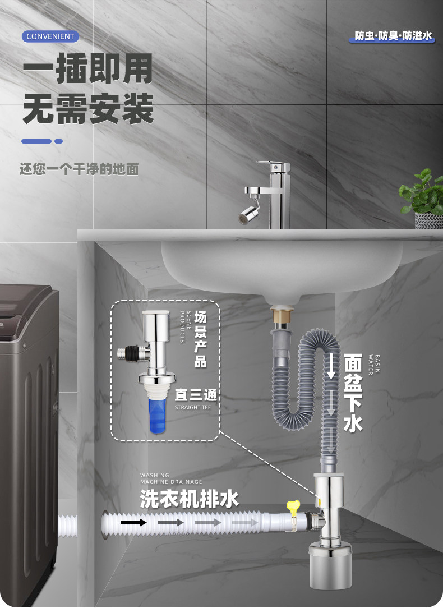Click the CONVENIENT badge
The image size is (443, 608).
(x=50, y=36)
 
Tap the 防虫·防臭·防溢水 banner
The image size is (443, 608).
(x=394, y=36)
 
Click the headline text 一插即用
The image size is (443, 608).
(x=87, y=70)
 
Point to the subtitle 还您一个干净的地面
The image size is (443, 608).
(x=79, y=169)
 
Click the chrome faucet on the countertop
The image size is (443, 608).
(x=275, y=194)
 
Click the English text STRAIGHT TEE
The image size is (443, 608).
(x=193, y=408)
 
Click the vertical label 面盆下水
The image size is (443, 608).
(x=353, y=393)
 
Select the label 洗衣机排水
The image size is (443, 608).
(x=189, y=498)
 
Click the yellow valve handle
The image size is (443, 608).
(x=293, y=506)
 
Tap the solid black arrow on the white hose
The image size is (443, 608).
(x=135, y=523)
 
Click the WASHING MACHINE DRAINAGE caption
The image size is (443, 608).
(x=171, y=478)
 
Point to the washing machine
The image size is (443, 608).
(x=28, y=437)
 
